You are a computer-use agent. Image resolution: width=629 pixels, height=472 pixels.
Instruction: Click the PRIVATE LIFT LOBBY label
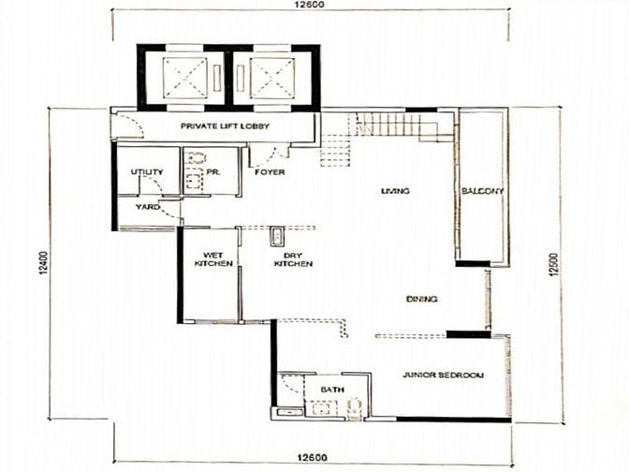click(225, 126)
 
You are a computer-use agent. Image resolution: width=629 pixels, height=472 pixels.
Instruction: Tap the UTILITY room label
click(147, 172)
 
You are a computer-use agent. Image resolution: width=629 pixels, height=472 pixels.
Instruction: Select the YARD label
click(148, 207)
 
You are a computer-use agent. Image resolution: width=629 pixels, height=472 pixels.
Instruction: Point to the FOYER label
click(270, 172)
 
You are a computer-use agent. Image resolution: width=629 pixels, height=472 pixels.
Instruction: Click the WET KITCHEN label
click(213, 259)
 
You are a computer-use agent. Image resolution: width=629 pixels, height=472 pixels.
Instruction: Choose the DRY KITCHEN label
click(293, 259)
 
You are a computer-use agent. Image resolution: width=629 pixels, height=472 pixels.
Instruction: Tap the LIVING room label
click(395, 191)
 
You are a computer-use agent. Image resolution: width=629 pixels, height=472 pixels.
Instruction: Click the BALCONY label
click(483, 191)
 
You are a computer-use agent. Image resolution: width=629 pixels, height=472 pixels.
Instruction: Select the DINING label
click(421, 299)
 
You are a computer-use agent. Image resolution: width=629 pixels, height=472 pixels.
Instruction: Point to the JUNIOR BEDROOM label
click(443, 376)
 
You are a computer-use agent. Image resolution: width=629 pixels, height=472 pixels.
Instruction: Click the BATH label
click(332, 390)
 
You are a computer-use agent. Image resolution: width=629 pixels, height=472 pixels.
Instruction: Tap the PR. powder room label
click(213, 172)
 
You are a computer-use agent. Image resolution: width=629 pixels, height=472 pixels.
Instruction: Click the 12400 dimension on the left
click(44, 263)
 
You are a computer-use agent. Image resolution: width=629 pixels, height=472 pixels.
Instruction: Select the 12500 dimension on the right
click(553, 264)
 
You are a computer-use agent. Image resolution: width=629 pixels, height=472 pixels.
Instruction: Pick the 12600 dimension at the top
click(309, 5)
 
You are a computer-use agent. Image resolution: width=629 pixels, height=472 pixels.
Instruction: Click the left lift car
click(185, 79)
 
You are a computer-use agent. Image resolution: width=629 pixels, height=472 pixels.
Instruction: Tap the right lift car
click(272, 79)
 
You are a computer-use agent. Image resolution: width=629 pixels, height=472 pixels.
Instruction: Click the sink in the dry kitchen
click(277, 236)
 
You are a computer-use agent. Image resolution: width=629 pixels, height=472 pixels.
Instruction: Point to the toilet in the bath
click(355, 407)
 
